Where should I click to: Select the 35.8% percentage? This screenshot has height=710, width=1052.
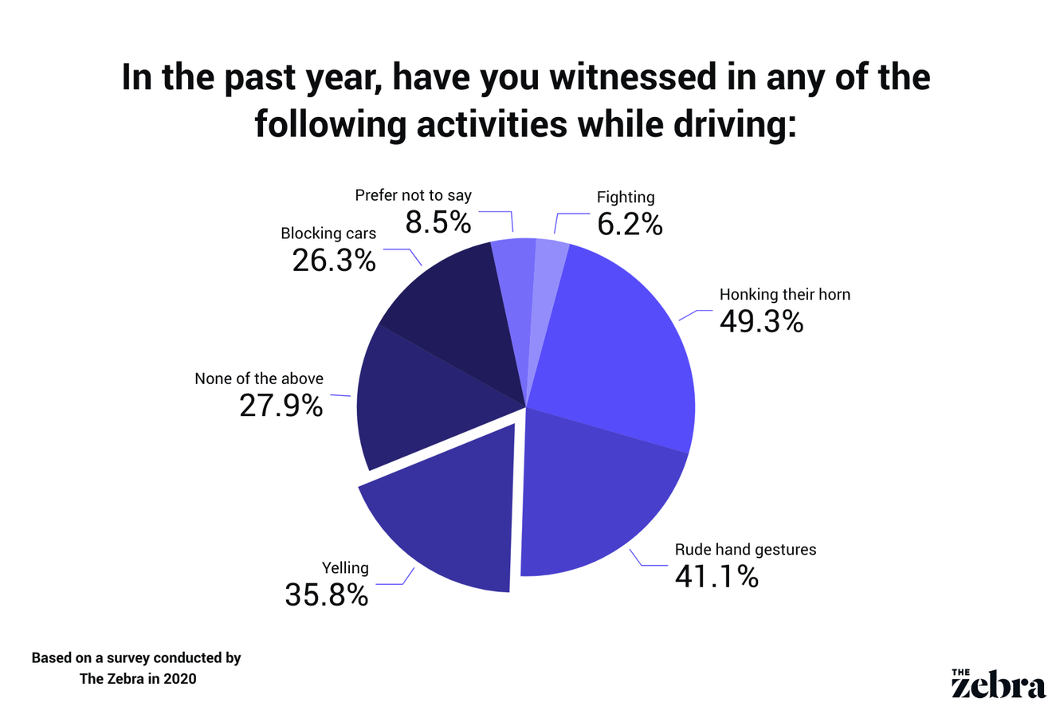point(327,594)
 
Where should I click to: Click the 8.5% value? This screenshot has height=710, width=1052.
point(438,222)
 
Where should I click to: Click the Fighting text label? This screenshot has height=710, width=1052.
point(626,197)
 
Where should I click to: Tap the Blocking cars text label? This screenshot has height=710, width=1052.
point(328,233)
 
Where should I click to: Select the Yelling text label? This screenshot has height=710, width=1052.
point(345,568)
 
